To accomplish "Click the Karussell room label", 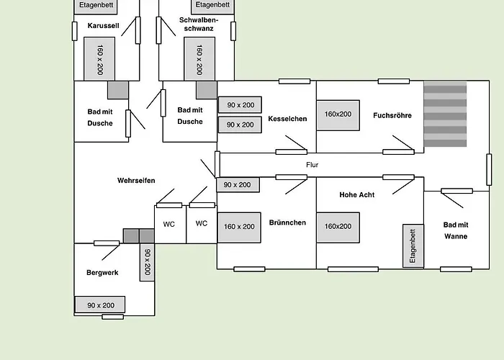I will pos(102,26).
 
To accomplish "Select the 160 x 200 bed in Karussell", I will pos(100,59).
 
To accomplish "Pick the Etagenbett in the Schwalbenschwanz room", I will pos(212,6).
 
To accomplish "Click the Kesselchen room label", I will pos(288,118).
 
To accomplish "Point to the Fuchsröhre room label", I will pos(392,115).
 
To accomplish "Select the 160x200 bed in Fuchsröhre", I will pos(338,114).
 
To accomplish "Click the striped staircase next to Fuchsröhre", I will pos(445,115).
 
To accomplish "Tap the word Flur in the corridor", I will pos(312,165).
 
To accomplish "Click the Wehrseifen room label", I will pos(136,181).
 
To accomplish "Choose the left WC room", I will pos(169,224).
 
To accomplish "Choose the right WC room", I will pos(202,223).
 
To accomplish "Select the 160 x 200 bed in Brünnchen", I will pos(239,227).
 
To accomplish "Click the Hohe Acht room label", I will pos(357,194).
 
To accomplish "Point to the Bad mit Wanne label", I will pos(455,230).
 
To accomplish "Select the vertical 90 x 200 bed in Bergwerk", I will pos(147,263).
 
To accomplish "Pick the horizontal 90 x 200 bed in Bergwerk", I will pos(101,305).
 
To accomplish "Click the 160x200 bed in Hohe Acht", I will pos(338,226).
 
